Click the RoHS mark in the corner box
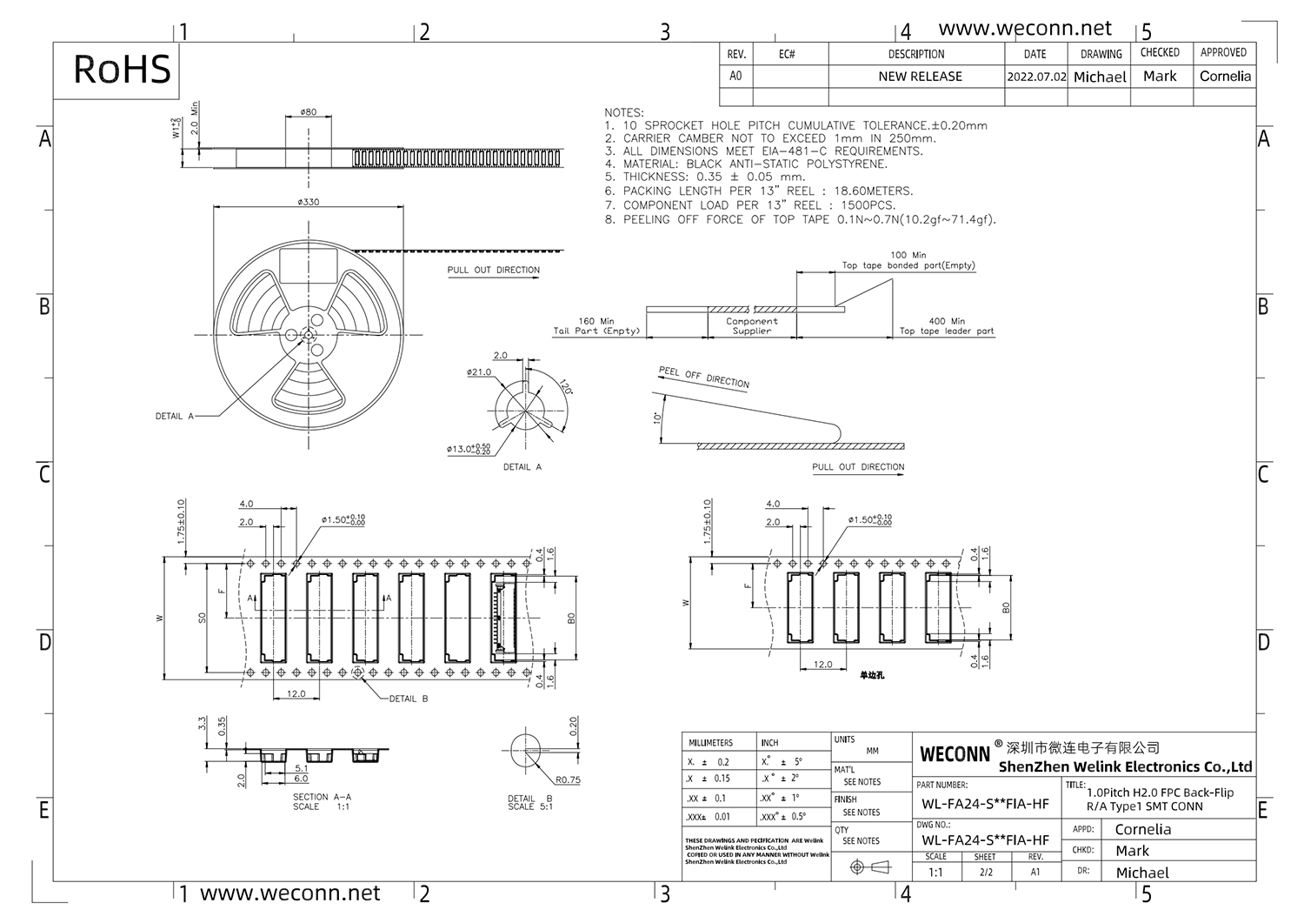[x=122, y=70]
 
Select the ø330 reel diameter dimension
[x=308, y=202]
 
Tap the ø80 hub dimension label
[x=308, y=112]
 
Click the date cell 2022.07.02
[x=1036, y=77]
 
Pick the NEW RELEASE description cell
[x=920, y=77]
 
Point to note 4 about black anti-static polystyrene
[x=746, y=164]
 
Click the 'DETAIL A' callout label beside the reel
[x=174, y=417]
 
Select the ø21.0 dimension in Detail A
[x=479, y=372]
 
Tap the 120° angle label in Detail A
[x=565, y=387]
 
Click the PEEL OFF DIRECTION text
[x=703, y=378]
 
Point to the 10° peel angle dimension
[x=658, y=417]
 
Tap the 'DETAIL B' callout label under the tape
[x=408, y=699]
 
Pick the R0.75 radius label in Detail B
[x=568, y=780]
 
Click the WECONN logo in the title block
[x=955, y=754]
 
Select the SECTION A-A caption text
[x=322, y=797]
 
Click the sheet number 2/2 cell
[x=985, y=872]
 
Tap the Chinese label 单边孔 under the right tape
[x=871, y=675]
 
